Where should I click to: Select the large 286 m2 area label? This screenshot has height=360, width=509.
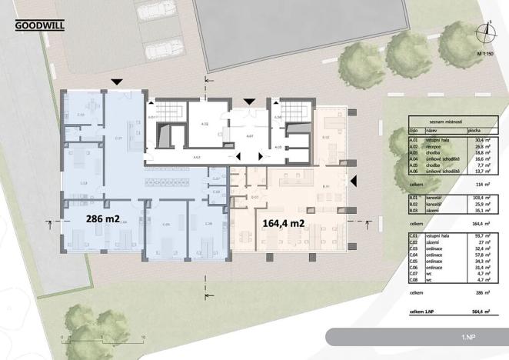(x=101, y=219)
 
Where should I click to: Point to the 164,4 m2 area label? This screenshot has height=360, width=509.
(x=285, y=224)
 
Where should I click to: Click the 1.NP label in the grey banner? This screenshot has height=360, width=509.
(x=468, y=338)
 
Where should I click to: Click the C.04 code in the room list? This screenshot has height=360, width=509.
(x=415, y=258)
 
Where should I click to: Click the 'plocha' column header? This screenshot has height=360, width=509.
(x=474, y=132)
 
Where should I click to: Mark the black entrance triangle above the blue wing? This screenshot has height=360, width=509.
(x=116, y=81)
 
